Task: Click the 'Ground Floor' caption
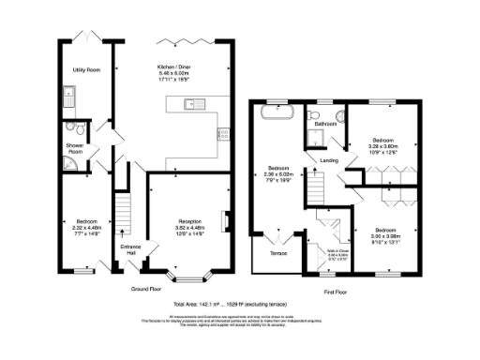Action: pos(147,289)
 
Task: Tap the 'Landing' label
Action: pos(329,160)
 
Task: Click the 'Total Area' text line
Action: pos(239,306)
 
